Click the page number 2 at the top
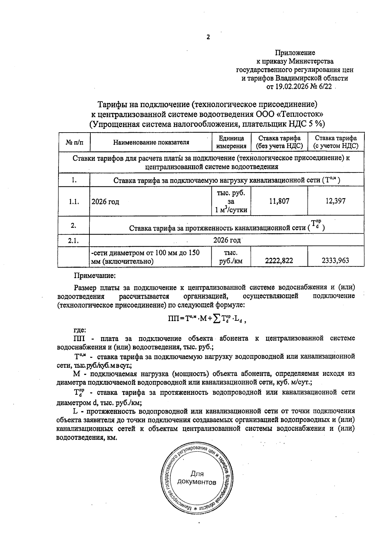coord(208,37)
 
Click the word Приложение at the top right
coord(295,53)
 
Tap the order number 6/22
coord(325,87)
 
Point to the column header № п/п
coord(74,142)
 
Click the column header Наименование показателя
coord(151,142)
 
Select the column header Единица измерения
coord(231,142)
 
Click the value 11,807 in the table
coord(279,201)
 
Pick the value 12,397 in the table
coord(335,201)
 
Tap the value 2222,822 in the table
coord(279,261)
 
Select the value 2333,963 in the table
coord(335,261)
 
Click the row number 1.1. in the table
coord(74,202)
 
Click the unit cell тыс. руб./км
coord(231,257)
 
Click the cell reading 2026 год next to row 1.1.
coord(105,202)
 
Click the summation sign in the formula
coord(217,319)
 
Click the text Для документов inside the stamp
coord(197,478)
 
